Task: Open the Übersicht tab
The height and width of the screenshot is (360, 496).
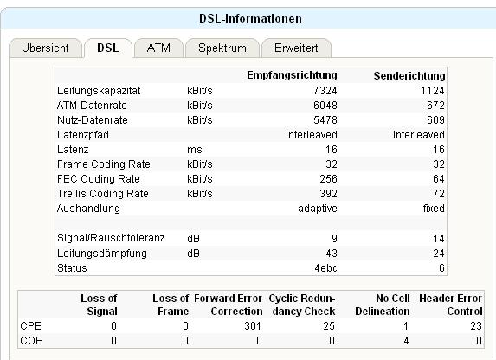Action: click(x=45, y=48)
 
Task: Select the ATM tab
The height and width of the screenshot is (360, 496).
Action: click(x=158, y=48)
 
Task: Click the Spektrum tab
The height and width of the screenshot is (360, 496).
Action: click(x=222, y=48)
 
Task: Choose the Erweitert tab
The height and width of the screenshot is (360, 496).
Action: click(x=296, y=48)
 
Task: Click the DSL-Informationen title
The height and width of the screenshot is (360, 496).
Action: click(x=250, y=18)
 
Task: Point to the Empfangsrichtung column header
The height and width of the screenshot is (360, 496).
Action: click(x=292, y=75)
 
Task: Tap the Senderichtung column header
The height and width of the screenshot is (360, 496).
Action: click(x=409, y=76)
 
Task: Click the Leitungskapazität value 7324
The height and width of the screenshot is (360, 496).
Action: click(x=325, y=91)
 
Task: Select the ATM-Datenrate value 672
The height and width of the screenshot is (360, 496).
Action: click(x=435, y=106)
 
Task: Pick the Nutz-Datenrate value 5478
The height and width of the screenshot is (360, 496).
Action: click(x=325, y=120)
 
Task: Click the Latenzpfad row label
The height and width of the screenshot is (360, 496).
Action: click(x=83, y=135)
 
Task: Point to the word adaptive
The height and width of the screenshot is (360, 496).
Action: click(x=318, y=209)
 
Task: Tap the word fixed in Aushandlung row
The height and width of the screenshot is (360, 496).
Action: click(x=434, y=209)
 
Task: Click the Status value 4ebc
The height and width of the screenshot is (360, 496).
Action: click(x=325, y=268)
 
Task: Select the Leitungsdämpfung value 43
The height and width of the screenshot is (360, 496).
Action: click(x=332, y=254)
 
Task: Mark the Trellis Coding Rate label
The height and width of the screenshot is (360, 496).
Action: click(x=103, y=194)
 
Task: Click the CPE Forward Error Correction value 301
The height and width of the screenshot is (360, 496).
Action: click(x=253, y=326)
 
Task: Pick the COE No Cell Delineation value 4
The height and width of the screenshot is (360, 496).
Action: click(x=406, y=341)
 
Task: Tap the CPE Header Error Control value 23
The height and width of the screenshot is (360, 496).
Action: click(x=476, y=326)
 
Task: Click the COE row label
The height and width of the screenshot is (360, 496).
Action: click(x=31, y=341)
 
